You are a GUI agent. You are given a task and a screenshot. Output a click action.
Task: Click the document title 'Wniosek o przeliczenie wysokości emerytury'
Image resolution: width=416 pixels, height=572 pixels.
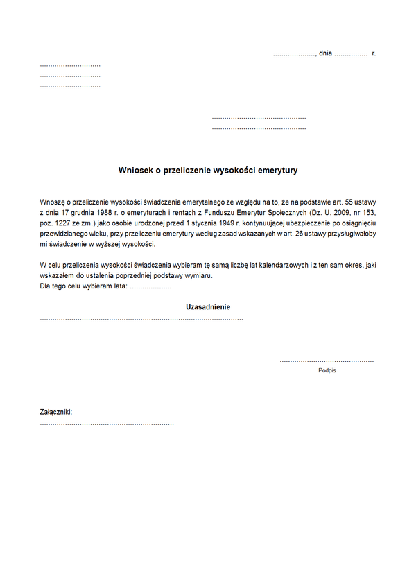pyautogui.click(x=208, y=169)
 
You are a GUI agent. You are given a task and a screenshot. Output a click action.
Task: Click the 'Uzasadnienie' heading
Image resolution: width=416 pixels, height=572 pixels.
pyautogui.click(x=208, y=306)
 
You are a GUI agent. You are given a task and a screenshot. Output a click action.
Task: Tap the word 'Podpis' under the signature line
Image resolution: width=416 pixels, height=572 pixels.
pyautogui.click(x=327, y=371)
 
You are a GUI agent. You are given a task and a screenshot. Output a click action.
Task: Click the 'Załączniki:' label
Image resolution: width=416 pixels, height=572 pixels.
pyautogui.click(x=56, y=412)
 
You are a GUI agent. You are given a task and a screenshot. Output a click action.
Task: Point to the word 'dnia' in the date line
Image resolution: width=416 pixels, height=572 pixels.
pyautogui.click(x=325, y=53)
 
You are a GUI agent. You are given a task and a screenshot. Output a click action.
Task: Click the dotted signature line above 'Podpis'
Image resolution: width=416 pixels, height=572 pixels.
pyautogui.click(x=327, y=361)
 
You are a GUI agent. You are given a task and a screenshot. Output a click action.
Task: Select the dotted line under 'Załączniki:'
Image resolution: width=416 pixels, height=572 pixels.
pyautogui.click(x=107, y=423)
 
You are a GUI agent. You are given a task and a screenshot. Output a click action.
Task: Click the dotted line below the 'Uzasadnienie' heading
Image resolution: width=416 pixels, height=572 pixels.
pyautogui.click(x=141, y=318)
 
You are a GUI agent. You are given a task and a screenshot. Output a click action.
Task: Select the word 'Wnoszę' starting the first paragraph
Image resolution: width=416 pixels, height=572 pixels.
pyautogui.click(x=53, y=200)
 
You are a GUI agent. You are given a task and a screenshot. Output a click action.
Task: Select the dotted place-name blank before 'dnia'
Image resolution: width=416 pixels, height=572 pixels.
pyautogui.click(x=294, y=54)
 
